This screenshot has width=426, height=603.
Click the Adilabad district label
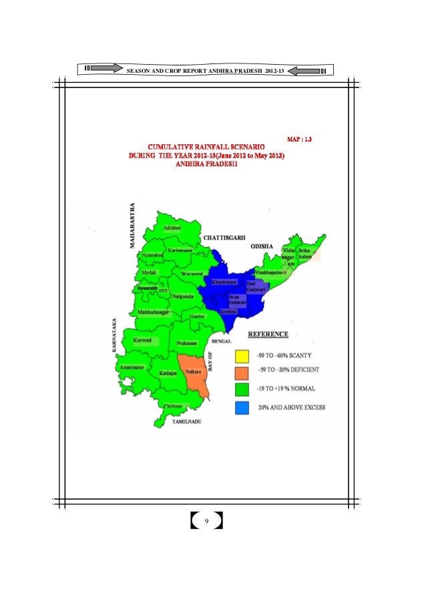click(172, 228)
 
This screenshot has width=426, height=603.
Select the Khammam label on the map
click(224, 282)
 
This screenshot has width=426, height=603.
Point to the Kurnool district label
click(143, 340)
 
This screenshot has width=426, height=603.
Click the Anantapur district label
click(130, 367)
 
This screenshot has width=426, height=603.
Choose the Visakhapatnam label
click(271, 273)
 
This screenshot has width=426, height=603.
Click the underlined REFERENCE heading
click(268, 333)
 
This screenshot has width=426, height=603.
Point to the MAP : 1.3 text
click(299, 140)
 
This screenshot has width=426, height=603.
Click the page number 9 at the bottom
click(207, 521)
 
